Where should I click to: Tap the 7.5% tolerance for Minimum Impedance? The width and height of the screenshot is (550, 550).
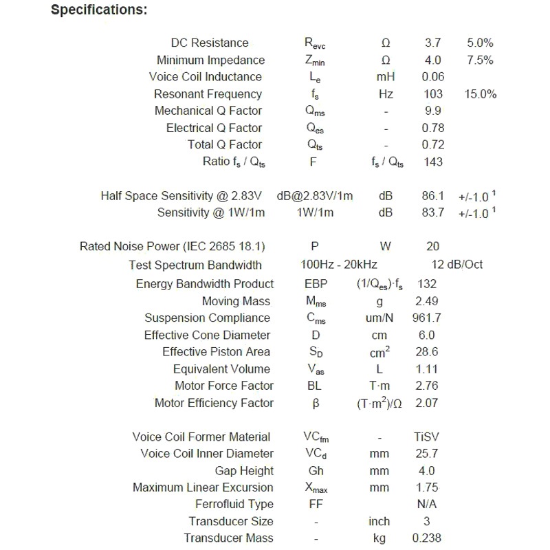[x=479, y=60]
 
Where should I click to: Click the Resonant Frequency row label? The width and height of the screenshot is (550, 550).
[x=208, y=94]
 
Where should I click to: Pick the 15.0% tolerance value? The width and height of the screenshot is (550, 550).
[x=480, y=94]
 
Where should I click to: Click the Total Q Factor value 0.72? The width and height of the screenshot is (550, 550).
[x=433, y=144]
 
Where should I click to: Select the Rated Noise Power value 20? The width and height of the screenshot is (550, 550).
[x=433, y=247]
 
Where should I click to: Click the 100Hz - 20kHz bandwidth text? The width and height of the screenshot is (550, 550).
[x=338, y=265]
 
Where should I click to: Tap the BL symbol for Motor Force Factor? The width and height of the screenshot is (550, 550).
[x=314, y=386]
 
